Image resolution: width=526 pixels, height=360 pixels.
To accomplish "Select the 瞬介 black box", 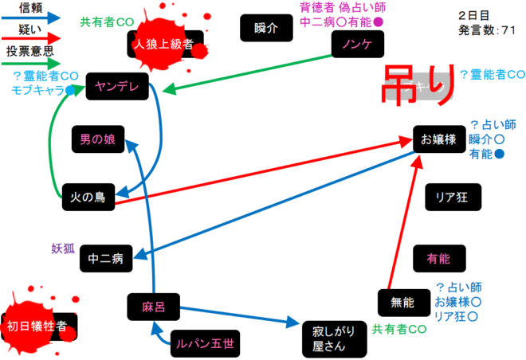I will [x=263, y=28].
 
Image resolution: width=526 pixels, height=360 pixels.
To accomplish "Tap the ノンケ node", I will [x=355, y=44].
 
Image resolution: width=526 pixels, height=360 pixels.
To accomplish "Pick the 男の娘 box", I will [x=97, y=139].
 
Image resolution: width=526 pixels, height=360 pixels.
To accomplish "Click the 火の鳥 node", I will [x=88, y=195].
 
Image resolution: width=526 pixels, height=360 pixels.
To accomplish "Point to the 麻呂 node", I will [x=151, y=306].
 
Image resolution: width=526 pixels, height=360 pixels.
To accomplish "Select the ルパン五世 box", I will [x=205, y=343].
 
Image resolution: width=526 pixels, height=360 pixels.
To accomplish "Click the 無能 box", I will [x=403, y=303].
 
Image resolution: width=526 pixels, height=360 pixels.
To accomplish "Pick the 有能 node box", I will [x=438, y=258].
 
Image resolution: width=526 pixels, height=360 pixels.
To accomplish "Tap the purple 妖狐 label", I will [x=63, y=247].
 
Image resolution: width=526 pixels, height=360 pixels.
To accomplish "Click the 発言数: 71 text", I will [x=489, y=30].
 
